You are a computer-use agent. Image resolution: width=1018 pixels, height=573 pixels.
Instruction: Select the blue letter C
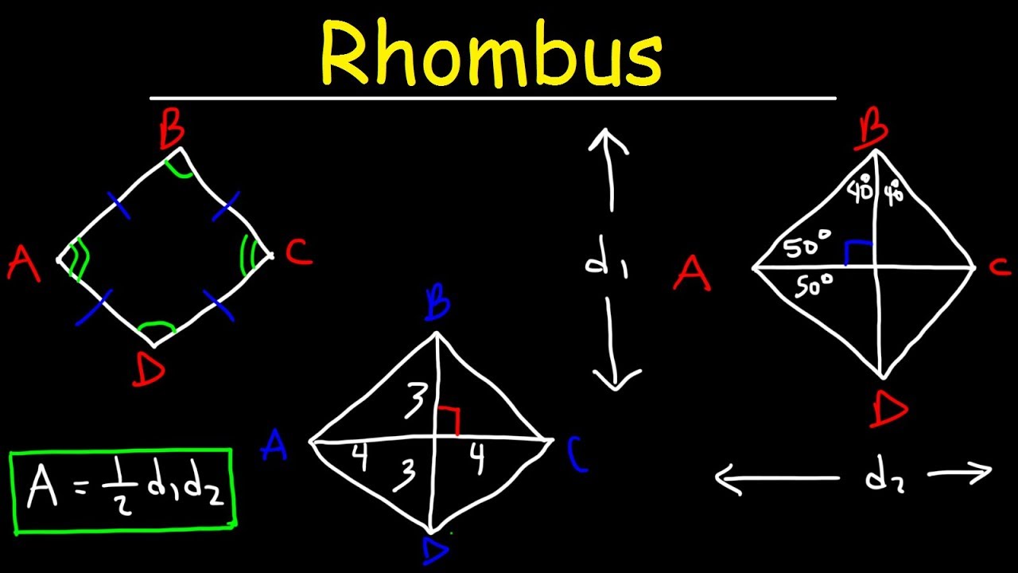pos(578,454)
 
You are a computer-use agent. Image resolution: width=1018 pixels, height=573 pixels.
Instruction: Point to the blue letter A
pos(274,446)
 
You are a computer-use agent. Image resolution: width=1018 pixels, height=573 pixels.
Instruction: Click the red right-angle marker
pos(449,419)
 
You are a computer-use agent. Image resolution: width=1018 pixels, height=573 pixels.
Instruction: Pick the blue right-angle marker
pos(857,251)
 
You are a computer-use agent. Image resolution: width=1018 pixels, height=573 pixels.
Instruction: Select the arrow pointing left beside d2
pos(775,478)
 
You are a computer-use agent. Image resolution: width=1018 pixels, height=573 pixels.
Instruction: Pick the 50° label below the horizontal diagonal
pos(813,284)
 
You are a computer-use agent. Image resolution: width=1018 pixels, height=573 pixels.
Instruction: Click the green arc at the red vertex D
pos(156,327)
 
